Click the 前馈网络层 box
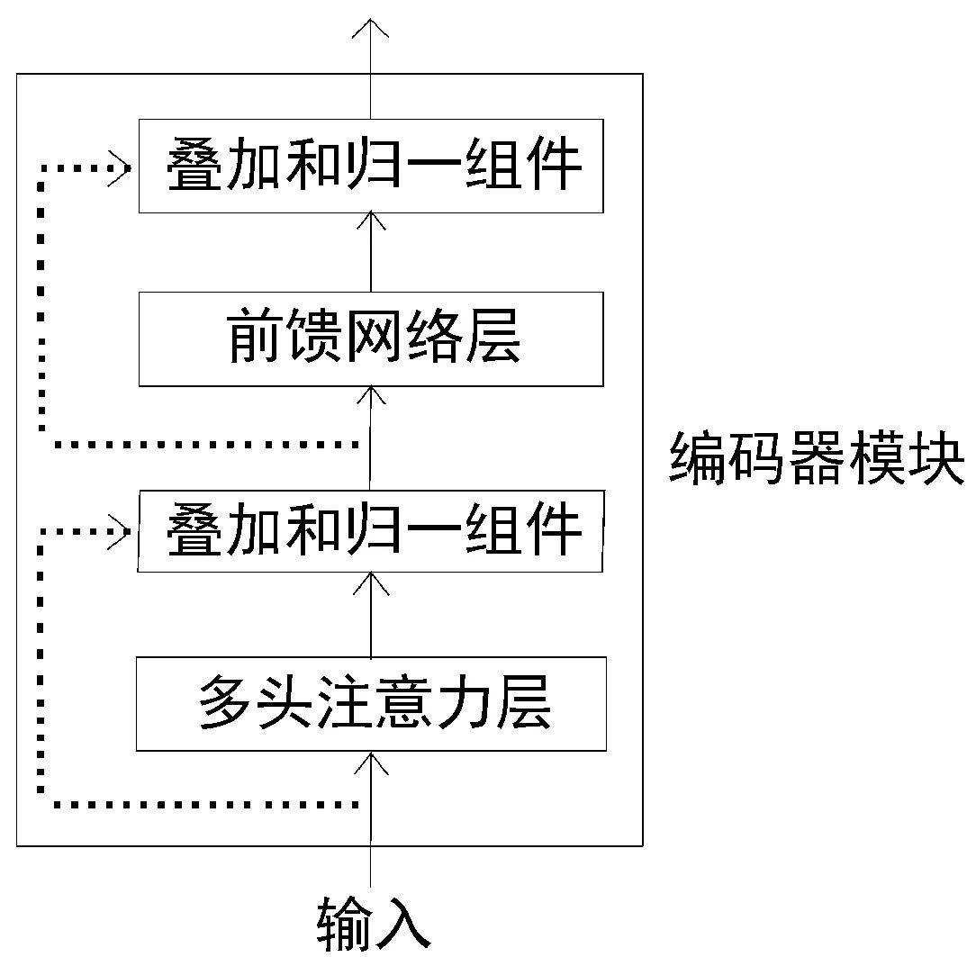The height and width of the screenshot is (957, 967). coord(371,339)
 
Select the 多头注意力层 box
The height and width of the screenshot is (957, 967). coord(371,704)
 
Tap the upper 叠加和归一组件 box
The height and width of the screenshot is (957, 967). coord(371,166)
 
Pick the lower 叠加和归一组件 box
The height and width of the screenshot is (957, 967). coord(371,530)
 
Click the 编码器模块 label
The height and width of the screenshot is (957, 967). coord(816,457)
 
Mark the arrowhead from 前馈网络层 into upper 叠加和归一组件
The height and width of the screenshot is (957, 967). coord(370,221)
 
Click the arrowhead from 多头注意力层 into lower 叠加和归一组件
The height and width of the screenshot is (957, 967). coord(370,582)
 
